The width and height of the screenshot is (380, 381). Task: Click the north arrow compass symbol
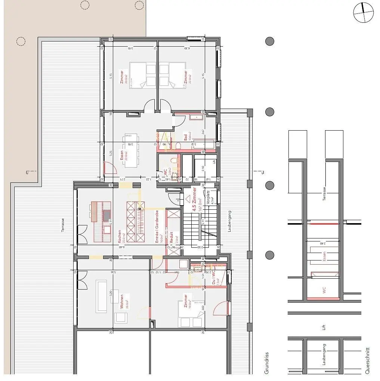(363, 12)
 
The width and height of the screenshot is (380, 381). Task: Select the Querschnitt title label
(368, 361)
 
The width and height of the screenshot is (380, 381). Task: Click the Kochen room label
(120, 236)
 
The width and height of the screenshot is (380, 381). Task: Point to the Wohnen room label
(121, 300)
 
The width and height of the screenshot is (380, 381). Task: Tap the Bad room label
(185, 136)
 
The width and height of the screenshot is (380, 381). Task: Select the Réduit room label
(172, 236)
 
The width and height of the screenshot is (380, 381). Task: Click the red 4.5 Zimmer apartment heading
(194, 200)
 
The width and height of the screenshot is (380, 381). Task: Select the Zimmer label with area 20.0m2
(121, 76)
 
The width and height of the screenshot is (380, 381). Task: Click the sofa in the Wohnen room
(102, 297)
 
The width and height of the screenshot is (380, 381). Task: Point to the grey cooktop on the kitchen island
(107, 216)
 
